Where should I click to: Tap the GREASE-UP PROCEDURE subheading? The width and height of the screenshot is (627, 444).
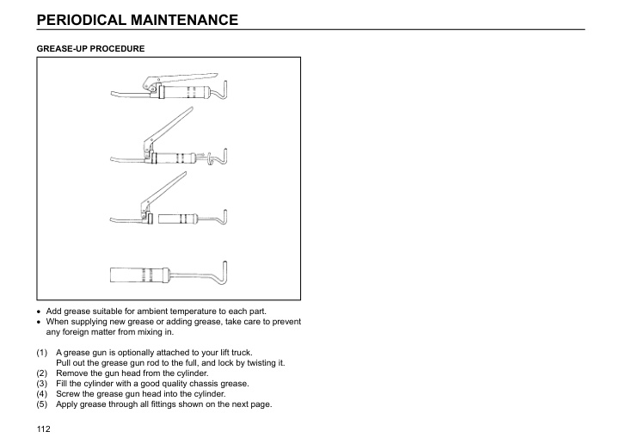click(90, 48)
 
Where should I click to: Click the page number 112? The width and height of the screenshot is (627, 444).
click(43, 428)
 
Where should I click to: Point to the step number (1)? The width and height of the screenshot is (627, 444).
click(42, 353)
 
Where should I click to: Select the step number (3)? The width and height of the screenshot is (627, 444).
click(42, 384)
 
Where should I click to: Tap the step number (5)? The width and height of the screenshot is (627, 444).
click(42, 404)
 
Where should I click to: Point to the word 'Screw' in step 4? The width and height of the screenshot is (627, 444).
click(68, 394)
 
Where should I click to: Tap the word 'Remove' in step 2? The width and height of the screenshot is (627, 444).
click(71, 373)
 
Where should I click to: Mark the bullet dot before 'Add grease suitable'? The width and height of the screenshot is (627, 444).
click(40, 311)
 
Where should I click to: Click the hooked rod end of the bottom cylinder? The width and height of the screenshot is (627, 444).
click(222, 271)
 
